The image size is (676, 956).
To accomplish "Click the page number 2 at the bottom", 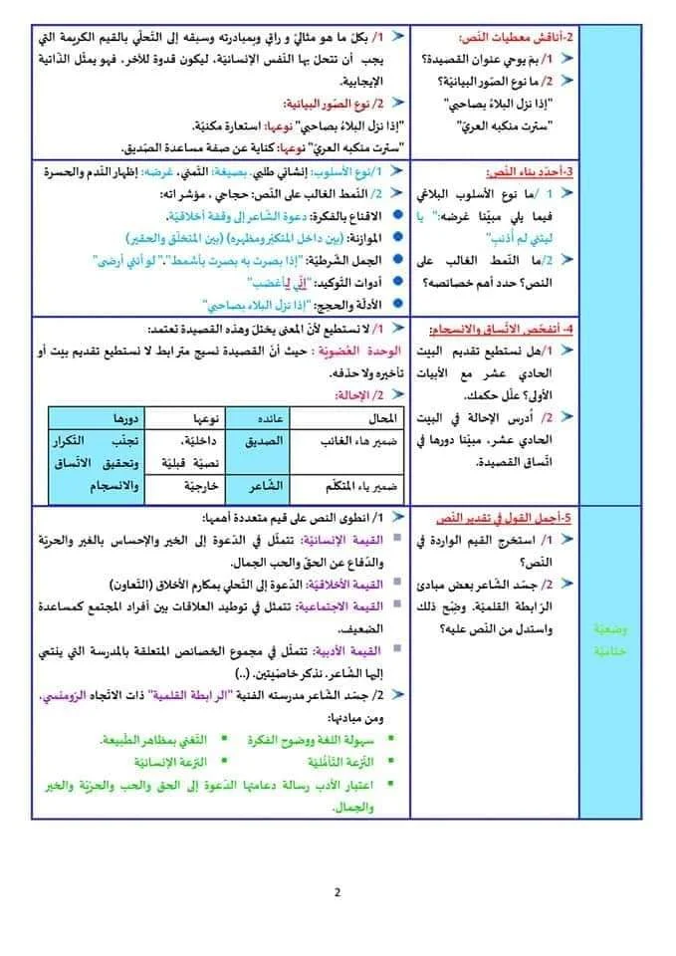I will click(338, 892).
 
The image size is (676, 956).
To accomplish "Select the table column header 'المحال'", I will click(381, 417).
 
